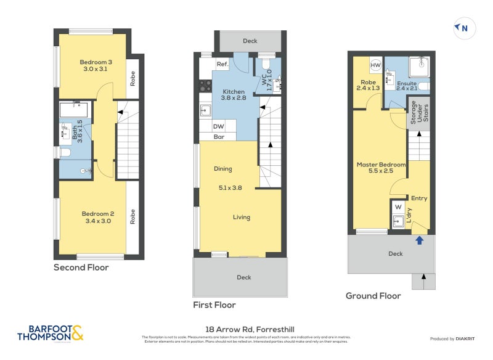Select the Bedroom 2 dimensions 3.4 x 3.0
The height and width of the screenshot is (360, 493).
coord(96,221)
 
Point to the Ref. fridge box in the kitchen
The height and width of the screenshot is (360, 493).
coord(222,64)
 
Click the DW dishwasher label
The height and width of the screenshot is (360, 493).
coord(218,126)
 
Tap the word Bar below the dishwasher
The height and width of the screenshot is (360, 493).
coord(219,137)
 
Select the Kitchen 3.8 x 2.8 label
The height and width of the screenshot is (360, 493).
coord(234,94)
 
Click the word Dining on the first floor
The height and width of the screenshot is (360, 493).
coord(223,169)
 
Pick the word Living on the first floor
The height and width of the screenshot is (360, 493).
coord(242,216)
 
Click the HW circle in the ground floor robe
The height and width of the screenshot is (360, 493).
coord(375,65)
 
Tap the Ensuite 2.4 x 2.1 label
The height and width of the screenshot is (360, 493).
coord(407,86)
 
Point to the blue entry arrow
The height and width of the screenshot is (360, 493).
coord(420,240)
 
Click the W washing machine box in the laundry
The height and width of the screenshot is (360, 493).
coord(397,207)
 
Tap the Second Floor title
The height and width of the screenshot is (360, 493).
coord(81,268)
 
